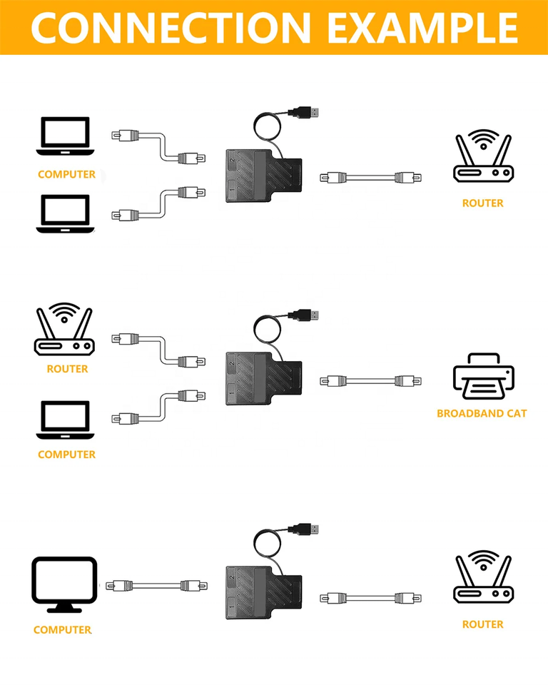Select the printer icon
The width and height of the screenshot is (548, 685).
[x=483, y=377]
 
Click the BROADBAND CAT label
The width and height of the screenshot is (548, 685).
[x=482, y=413]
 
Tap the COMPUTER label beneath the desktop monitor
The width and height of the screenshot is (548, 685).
[x=63, y=630]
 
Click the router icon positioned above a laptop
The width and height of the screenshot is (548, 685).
[x=64, y=330]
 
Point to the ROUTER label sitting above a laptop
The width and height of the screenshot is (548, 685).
[x=67, y=369]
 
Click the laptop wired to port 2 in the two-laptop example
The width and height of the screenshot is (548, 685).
[x=64, y=136]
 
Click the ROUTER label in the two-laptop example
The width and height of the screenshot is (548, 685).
[x=483, y=203]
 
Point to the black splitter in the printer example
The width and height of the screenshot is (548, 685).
[x=261, y=378]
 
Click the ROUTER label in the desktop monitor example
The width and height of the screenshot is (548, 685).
[x=483, y=624]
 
